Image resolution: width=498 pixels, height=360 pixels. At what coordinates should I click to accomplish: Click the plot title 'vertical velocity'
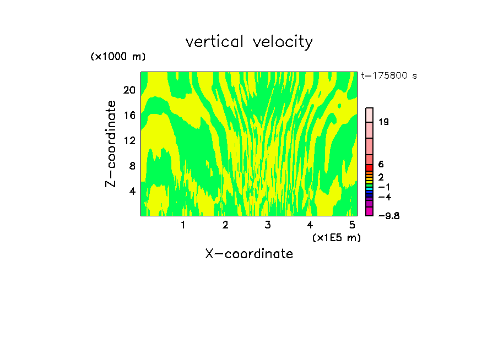pyautogui.click(x=249, y=42)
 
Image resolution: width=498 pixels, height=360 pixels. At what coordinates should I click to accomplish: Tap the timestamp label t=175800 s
pyautogui.click(x=389, y=76)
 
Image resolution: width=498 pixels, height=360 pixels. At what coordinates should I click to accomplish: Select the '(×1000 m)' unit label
pyautogui.click(x=118, y=57)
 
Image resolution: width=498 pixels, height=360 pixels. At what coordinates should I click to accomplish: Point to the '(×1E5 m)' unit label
pyautogui.click(x=337, y=237)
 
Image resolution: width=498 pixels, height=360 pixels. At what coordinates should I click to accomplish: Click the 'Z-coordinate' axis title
pyautogui.click(x=111, y=144)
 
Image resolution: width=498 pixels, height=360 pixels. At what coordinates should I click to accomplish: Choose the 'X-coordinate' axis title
pyautogui.click(x=249, y=254)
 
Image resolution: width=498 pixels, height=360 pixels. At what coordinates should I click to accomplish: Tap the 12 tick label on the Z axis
pyautogui.click(x=129, y=140)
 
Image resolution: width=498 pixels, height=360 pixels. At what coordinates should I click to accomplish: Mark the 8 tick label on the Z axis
pyautogui.click(x=132, y=166)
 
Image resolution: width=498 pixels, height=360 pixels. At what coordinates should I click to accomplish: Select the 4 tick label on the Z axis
pyautogui.click(x=132, y=191)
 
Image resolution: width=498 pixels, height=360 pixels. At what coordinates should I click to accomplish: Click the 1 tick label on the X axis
pyautogui.click(x=183, y=225)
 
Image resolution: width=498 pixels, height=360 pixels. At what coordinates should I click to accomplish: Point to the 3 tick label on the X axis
pyautogui.click(x=268, y=225)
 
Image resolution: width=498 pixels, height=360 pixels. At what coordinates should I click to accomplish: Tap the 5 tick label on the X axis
pyautogui.click(x=352, y=225)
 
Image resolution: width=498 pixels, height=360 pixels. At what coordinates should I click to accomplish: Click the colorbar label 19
pyautogui.click(x=383, y=122)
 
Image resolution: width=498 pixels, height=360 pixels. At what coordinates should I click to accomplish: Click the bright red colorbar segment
pyautogui.click(x=370, y=167)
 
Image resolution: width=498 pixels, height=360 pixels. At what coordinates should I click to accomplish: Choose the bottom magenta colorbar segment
pyautogui.click(x=370, y=211)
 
